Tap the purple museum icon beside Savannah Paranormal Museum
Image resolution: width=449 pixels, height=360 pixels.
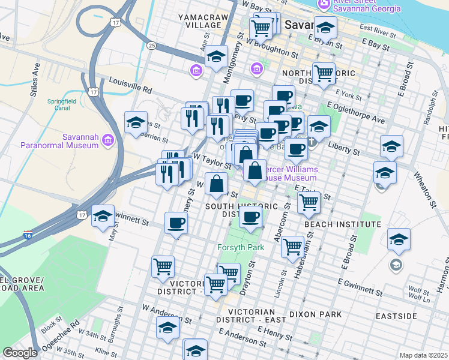[108, 140]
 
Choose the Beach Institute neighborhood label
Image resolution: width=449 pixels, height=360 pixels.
[342, 224]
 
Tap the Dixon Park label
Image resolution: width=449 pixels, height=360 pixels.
[315, 314]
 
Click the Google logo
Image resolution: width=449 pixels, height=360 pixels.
[20, 353]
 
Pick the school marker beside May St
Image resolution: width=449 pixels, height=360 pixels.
[103, 215]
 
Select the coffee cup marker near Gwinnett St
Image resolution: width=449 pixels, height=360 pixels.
[176, 223]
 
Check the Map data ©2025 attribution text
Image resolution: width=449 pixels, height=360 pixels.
[423, 355]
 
